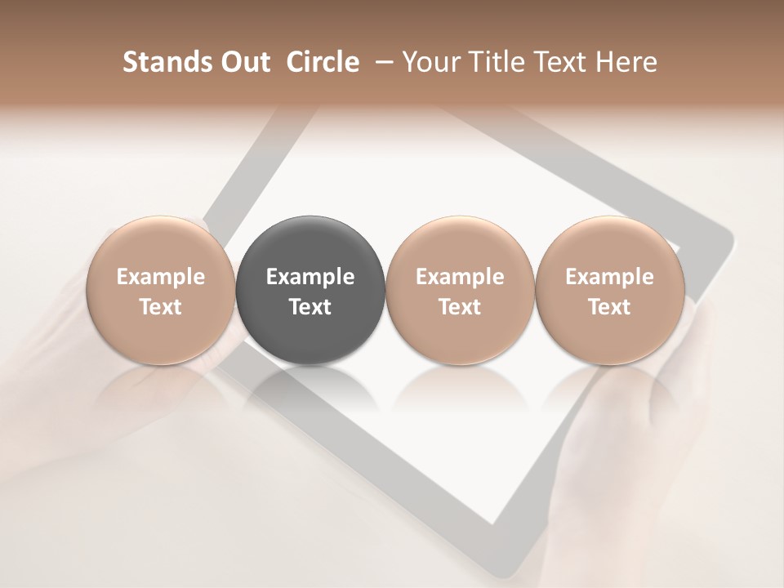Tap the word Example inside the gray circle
[310, 278]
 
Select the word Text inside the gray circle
[310, 307]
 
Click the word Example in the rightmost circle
[609, 278]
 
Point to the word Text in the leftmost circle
[160, 307]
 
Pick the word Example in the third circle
[460, 278]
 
